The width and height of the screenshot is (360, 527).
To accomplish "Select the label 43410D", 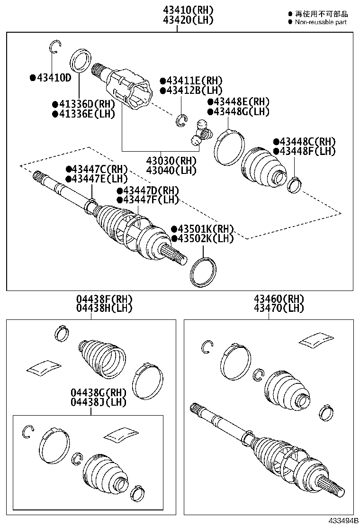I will tap(53, 77).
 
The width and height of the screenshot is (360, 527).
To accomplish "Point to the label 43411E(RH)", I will tap(194, 81).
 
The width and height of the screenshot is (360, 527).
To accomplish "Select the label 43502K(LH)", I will tap(205, 238).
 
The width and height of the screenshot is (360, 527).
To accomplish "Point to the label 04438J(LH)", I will tap(99, 402).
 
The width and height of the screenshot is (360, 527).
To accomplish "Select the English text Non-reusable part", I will tap(321, 22).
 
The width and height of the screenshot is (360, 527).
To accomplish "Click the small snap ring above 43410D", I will tap(55, 46).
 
